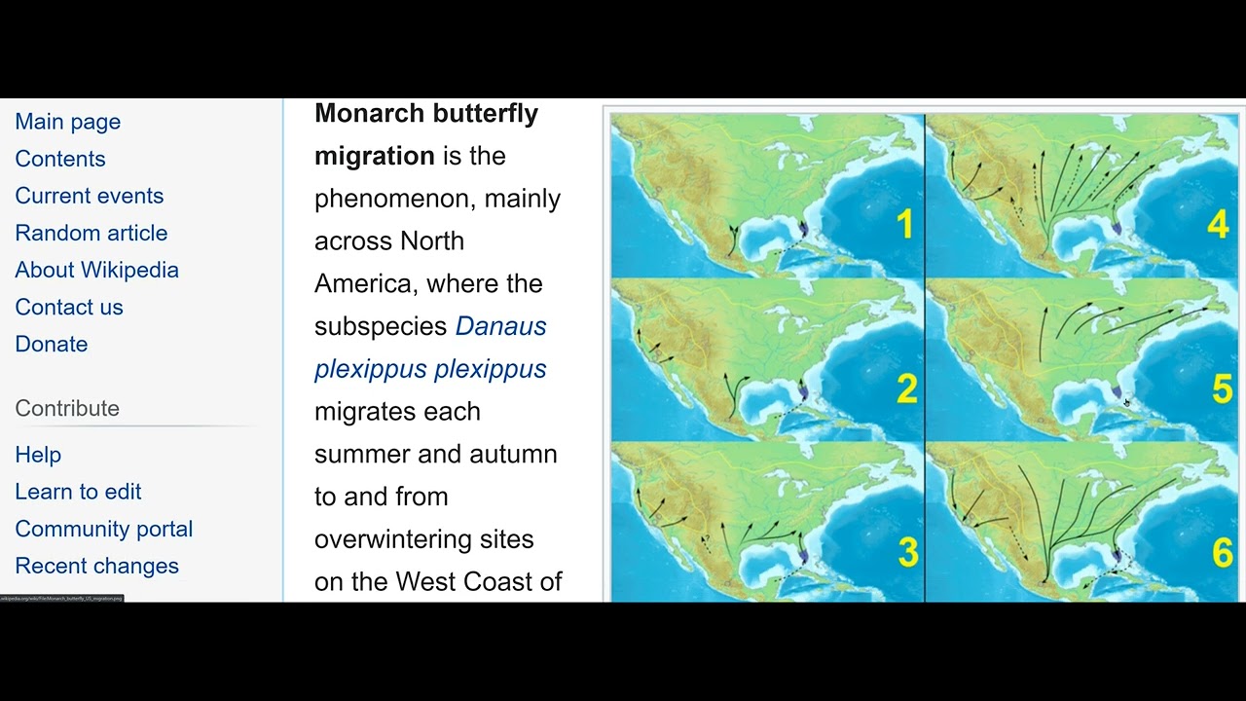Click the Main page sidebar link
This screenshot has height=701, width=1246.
click(x=68, y=122)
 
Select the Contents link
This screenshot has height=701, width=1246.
click(x=60, y=159)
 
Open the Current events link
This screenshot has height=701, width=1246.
click(x=90, y=196)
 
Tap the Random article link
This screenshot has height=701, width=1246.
click(x=92, y=233)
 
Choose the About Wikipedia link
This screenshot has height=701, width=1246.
click(x=97, y=270)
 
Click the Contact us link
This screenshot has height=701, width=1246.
click(x=69, y=307)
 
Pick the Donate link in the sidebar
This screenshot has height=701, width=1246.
click(x=52, y=344)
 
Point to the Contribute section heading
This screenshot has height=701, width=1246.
click(x=67, y=408)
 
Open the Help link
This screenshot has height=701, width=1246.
click(x=38, y=455)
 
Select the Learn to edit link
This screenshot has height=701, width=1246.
click(x=78, y=492)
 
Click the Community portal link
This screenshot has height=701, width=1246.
click(x=104, y=529)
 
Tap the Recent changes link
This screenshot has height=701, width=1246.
click(x=97, y=566)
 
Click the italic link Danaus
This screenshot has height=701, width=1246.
click(x=500, y=326)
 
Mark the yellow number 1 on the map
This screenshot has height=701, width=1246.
click(x=905, y=225)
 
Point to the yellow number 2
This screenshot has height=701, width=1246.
click(x=907, y=389)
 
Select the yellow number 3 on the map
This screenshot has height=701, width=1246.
click(x=908, y=552)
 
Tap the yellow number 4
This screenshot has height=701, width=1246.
click(x=1219, y=225)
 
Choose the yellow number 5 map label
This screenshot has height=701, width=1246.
click(x=1223, y=389)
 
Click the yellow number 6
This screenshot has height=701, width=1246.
click(x=1223, y=553)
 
